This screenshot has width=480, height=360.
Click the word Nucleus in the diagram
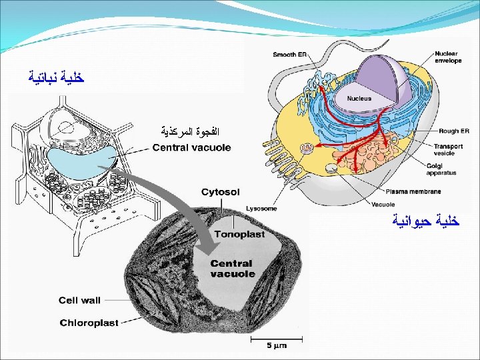359,98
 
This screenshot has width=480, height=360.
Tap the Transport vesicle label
448,149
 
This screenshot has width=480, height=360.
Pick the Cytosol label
220,192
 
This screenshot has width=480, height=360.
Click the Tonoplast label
239,234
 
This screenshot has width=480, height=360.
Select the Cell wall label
79,300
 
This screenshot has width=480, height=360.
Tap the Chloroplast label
89,323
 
